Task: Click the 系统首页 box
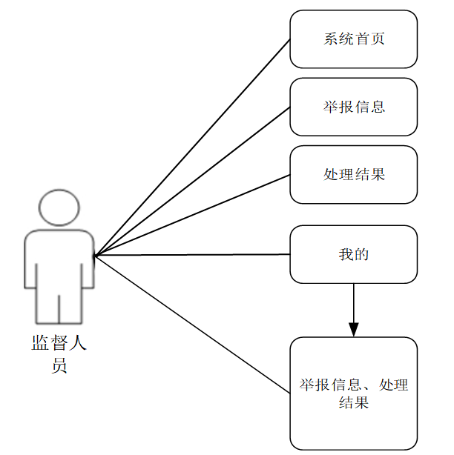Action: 353,39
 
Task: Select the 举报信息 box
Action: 353,107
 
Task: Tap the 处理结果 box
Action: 353,174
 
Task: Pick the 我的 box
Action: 353,254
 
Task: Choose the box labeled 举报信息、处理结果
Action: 353,393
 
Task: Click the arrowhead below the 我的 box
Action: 354,328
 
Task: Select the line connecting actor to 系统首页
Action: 191,147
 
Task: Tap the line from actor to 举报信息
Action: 191,182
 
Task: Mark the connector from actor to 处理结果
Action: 191,216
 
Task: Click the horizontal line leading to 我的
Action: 191,255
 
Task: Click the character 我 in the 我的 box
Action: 346,255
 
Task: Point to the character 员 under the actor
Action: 59,365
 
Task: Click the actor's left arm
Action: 31,259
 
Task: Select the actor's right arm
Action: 88,259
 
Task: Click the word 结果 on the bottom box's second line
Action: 354,403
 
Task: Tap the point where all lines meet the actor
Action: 95,256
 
